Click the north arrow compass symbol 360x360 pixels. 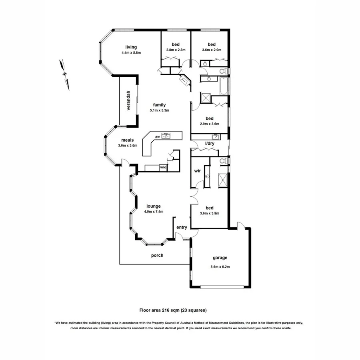tap(64, 74)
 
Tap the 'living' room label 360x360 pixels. tap(131, 46)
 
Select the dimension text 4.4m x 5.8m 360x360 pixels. tap(132, 52)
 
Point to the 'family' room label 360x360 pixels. tap(159, 105)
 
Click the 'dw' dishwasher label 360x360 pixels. tap(158, 136)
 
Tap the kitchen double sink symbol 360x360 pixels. tap(166, 136)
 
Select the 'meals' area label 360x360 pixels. tap(128, 140)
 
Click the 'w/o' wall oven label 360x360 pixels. tap(163, 167)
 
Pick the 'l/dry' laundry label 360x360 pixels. tap(209, 143)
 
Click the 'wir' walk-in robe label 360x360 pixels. tap(197, 171)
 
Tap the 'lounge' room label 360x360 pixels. tap(153, 206)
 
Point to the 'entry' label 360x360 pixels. tap(182, 227)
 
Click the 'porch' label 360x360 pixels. tap(157, 255)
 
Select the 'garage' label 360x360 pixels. tap(220, 258)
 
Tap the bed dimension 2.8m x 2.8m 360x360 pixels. tap(176, 50)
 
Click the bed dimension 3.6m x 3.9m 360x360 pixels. tap(210, 214)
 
